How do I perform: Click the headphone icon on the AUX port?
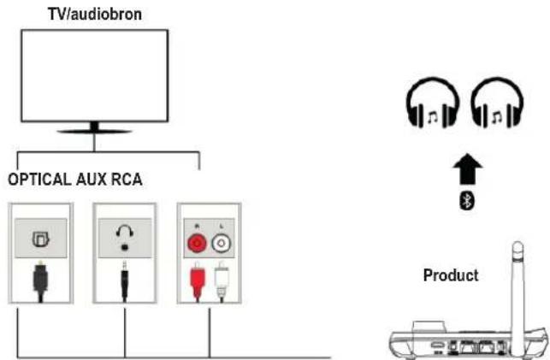[124, 233]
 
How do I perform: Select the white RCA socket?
[220, 242]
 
